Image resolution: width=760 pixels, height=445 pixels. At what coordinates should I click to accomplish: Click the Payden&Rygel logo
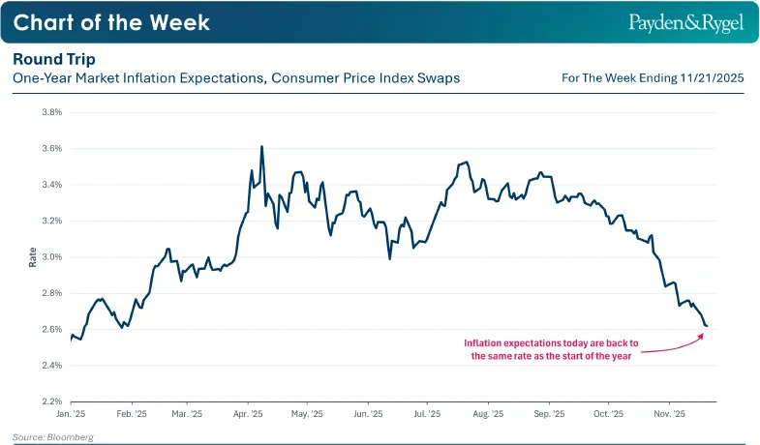[686, 23]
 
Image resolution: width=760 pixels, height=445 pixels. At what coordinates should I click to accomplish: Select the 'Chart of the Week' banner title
[111, 22]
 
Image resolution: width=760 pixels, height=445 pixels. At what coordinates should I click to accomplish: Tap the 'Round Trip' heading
[54, 59]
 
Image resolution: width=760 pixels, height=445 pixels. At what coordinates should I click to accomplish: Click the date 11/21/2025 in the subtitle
[712, 78]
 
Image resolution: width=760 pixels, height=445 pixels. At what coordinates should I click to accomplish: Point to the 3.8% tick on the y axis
[52, 112]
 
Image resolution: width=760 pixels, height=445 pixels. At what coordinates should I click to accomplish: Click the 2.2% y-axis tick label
[52, 401]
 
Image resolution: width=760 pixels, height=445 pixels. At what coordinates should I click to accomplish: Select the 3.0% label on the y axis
[52, 257]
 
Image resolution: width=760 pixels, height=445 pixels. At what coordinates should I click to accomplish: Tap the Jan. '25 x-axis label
[71, 414]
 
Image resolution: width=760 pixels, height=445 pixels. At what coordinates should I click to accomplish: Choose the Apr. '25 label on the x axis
[248, 414]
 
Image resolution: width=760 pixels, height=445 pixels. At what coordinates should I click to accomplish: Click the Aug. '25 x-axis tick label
[488, 414]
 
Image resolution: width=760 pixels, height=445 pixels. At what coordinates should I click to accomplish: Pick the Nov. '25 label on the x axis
[669, 414]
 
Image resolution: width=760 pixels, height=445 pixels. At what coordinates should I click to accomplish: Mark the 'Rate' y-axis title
[33, 257]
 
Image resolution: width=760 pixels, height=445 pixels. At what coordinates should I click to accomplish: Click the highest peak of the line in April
[261, 146]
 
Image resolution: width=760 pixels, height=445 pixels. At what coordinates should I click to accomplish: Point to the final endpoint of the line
[707, 326]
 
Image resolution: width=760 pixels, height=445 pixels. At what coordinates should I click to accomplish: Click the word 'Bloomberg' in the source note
[71, 437]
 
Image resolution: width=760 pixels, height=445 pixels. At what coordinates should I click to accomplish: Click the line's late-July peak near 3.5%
[467, 163]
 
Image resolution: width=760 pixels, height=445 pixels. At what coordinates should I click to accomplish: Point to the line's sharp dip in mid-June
[390, 259]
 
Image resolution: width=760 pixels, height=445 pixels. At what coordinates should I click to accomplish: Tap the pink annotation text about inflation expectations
[551, 349]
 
